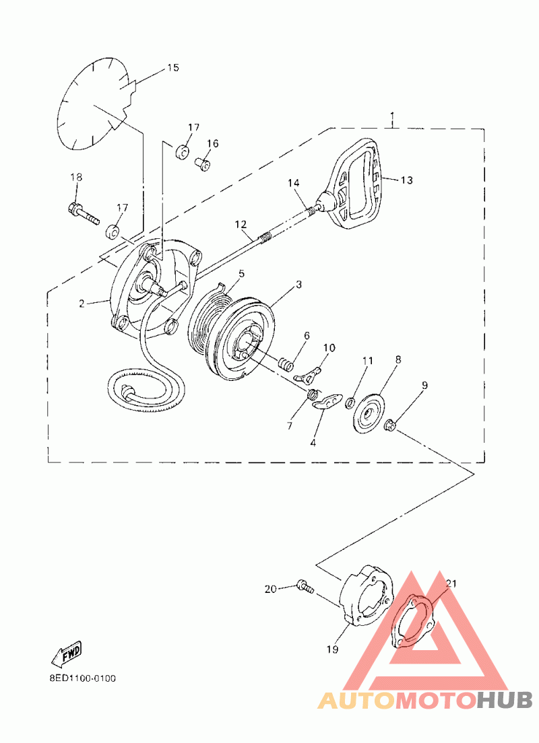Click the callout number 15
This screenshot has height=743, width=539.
(173, 67)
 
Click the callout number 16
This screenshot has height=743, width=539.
(213, 143)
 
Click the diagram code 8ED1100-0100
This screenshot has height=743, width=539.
(82, 678)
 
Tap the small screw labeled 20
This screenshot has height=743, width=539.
(306, 588)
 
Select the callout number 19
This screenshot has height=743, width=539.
(332, 649)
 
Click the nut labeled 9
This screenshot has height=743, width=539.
(390, 425)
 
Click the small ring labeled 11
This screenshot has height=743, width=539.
(350, 402)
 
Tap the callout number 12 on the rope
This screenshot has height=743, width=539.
(241, 223)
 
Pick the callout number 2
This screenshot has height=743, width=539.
(82, 304)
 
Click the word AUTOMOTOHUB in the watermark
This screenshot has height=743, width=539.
(424, 701)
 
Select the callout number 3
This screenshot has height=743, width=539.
(298, 285)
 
